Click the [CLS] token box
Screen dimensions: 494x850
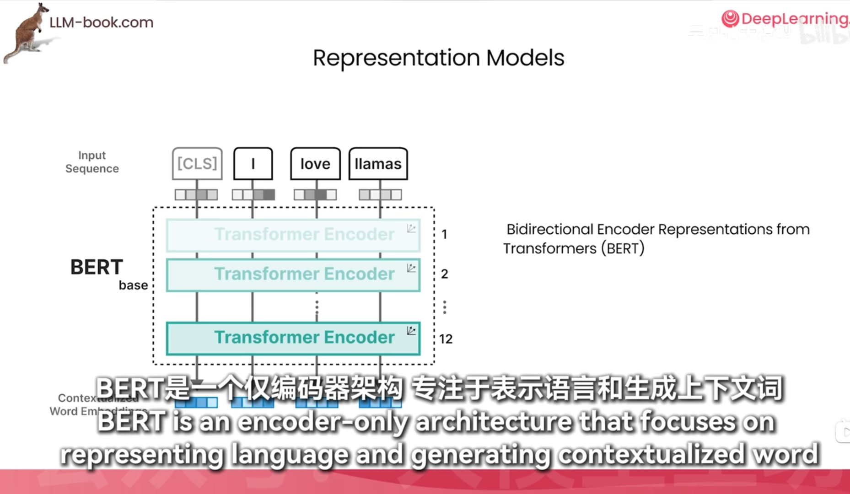197,163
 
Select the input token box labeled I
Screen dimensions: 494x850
253,163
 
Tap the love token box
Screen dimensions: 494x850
315,163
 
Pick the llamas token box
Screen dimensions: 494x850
378,163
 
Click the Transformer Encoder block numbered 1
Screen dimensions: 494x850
293,235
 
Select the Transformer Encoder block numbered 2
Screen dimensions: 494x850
293,274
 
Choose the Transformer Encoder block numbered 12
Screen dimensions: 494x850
293,338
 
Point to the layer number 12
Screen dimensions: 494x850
446,339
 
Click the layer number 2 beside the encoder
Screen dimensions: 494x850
444,274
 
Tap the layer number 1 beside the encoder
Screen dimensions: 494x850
444,235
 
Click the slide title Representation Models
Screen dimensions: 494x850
438,58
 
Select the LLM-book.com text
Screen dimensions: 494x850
101,22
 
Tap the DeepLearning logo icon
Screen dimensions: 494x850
730,19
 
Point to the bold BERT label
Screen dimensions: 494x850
97,267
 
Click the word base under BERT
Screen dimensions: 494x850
133,285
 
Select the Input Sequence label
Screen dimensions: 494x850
92,162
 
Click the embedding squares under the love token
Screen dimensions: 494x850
315,195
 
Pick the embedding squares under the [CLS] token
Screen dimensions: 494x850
196,195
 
